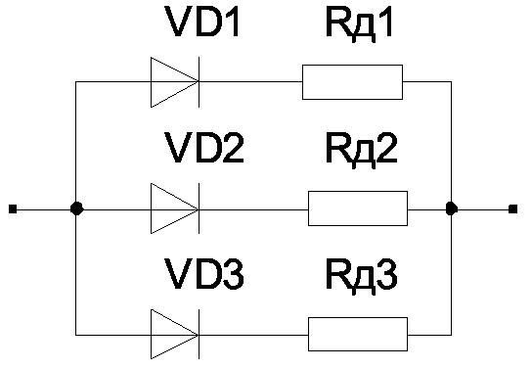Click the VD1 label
pyautogui.click(x=201, y=22)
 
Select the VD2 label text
pyautogui.click(x=204, y=148)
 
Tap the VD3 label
pyautogui.click(x=204, y=274)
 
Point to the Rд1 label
pyautogui.click(x=359, y=23)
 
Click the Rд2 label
pyautogui.click(x=361, y=150)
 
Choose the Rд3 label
pyautogui.click(x=361, y=276)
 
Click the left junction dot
pyautogui.click(x=76, y=208)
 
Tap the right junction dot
pyautogui.click(x=451, y=208)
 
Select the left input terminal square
pyautogui.click(x=13, y=208)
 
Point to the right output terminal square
pyautogui.click(x=513, y=208)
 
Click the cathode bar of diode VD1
pyautogui.click(x=199, y=82)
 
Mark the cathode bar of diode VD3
pyautogui.click(x=199, y=335)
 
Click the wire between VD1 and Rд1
pyautogui.click(x=250, y=82)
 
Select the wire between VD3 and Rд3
pyautogui.click(x=253, y=335)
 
